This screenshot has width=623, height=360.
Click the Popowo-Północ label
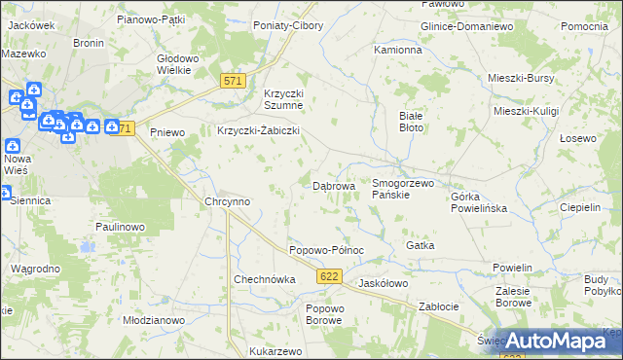point(326,250)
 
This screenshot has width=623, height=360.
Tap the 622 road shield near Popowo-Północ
point(328,277)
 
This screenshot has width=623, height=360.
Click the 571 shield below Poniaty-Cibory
point(232,82)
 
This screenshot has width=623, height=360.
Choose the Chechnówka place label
point(264,279)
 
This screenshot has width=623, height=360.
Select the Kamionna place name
point(398,49)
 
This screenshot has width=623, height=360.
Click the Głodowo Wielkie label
point(179,64)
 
